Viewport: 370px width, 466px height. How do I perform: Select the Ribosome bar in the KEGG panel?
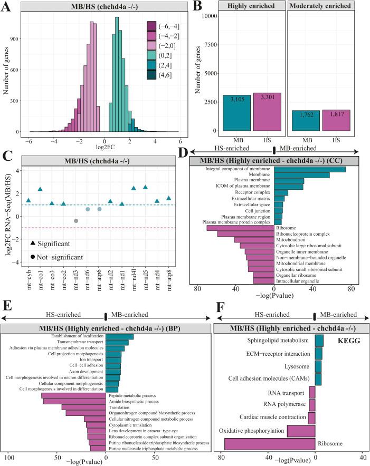(270, 444)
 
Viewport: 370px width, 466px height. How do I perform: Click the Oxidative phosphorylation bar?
(301, 431)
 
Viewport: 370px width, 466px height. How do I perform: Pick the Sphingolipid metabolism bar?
(319, 341)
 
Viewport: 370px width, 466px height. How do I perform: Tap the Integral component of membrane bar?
(310, 169)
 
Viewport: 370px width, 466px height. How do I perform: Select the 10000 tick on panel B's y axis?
(211, 16)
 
